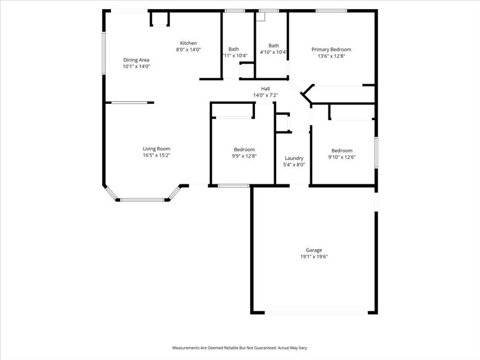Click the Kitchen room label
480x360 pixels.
tap(188, 43)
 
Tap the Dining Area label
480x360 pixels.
tap(136, 60)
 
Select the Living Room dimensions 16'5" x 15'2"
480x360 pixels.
tap(157, 155)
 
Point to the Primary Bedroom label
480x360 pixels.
tap(331, 49)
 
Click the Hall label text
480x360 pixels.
tap(265, 88)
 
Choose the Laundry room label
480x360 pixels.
tap(294, 158)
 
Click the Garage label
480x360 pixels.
tap(314, 250)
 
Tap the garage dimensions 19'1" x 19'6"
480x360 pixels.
tap(314, 257)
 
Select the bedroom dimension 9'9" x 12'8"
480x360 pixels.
tap(244, 156)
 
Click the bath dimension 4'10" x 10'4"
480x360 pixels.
tap(274, 52)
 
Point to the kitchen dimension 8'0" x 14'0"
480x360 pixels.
tap(188, 50)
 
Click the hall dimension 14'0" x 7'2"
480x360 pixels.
tap(265, 95)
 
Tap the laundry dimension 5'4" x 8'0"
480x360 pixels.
tap(294, 165)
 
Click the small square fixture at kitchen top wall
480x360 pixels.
tap(160, 19)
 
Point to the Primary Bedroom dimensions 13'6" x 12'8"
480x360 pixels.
tap(331, 56)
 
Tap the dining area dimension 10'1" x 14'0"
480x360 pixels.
tap(136, 67)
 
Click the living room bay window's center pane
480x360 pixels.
tap(142, 199)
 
